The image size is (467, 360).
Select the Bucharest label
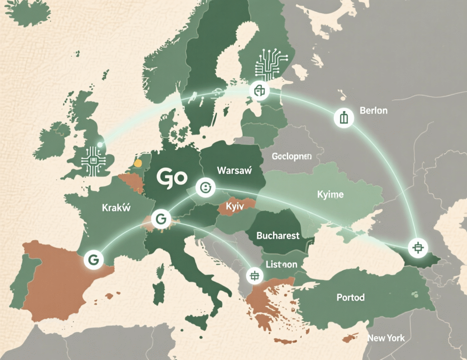278,236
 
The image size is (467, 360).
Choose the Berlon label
374,111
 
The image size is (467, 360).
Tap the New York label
386,338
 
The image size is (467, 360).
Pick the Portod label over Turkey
350,298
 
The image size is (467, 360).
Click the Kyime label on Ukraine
330,195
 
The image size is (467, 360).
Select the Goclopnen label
291,156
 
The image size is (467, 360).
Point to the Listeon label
281,264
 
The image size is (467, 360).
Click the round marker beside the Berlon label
343,118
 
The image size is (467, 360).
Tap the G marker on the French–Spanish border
93,259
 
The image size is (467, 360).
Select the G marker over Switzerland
160,219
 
